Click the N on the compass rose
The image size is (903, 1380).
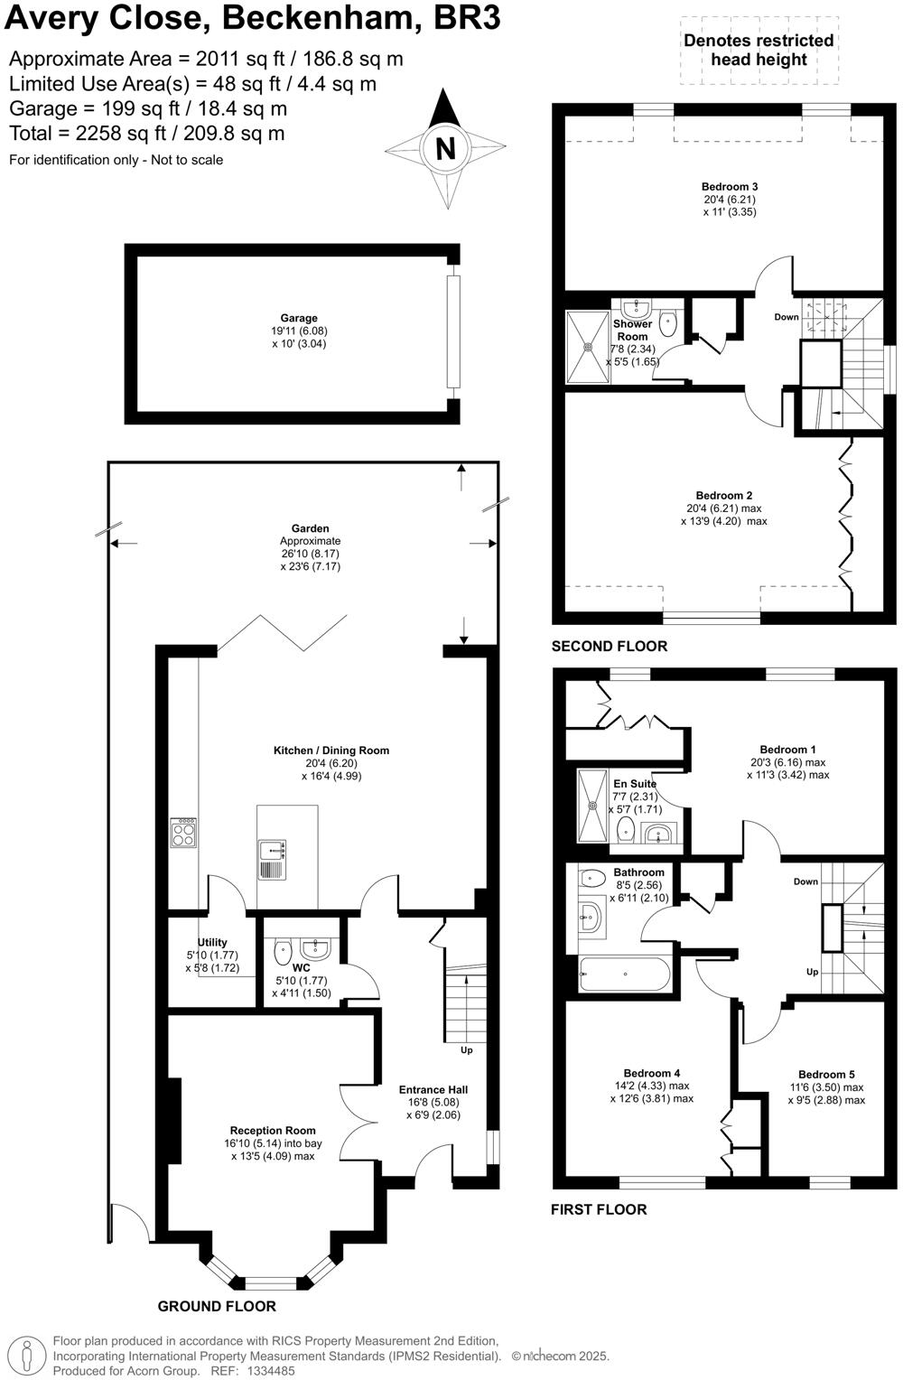(x=445, y=148)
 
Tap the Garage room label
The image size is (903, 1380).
(x=299, y=318)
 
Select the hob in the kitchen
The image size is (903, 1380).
(x=184, y=833)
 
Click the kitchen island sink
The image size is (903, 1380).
(x=272, y=850)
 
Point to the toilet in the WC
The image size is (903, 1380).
(x=282, y=948)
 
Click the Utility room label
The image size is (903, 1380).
(x=212, y=942)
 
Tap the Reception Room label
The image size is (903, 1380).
(x=273, y=1130)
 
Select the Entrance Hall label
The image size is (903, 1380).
(x=433, y=1089)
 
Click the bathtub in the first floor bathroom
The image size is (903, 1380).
(x=624, y=974)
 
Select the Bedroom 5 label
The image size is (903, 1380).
(x=826, y=1074)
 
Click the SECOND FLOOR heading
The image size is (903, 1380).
(x=610, y=646)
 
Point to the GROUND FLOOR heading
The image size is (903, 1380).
(x=217, y=1306)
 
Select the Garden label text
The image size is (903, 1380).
(x=310, y=528)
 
